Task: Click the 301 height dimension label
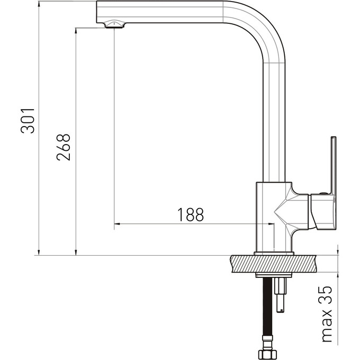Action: click(x=28, y=121)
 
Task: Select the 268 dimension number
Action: click(x=64, y=147)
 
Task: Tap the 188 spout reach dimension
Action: click(x=191, y=214)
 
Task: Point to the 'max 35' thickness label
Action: click(x=327, y=314)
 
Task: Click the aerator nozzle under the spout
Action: click(x=114, y=24)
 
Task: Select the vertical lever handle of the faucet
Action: click(x=334, y=166)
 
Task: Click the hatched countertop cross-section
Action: click(x=273, y=264)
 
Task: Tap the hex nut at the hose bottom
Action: click(x=267, y=355)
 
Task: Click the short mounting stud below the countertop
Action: click(x=281, y=295)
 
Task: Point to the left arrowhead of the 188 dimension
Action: click(x=117, y=223)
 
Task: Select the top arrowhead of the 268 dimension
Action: click(x=76, y=31)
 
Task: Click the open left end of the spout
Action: click(x=97, y=12)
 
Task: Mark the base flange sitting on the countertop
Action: click(x=274, y=254)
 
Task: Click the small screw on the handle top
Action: click(x=323, y=193)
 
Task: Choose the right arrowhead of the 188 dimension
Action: click(x=271, y=223)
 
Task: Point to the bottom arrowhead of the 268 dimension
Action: click(x=76, y=253)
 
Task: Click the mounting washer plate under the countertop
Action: click(x=274, y=275)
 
